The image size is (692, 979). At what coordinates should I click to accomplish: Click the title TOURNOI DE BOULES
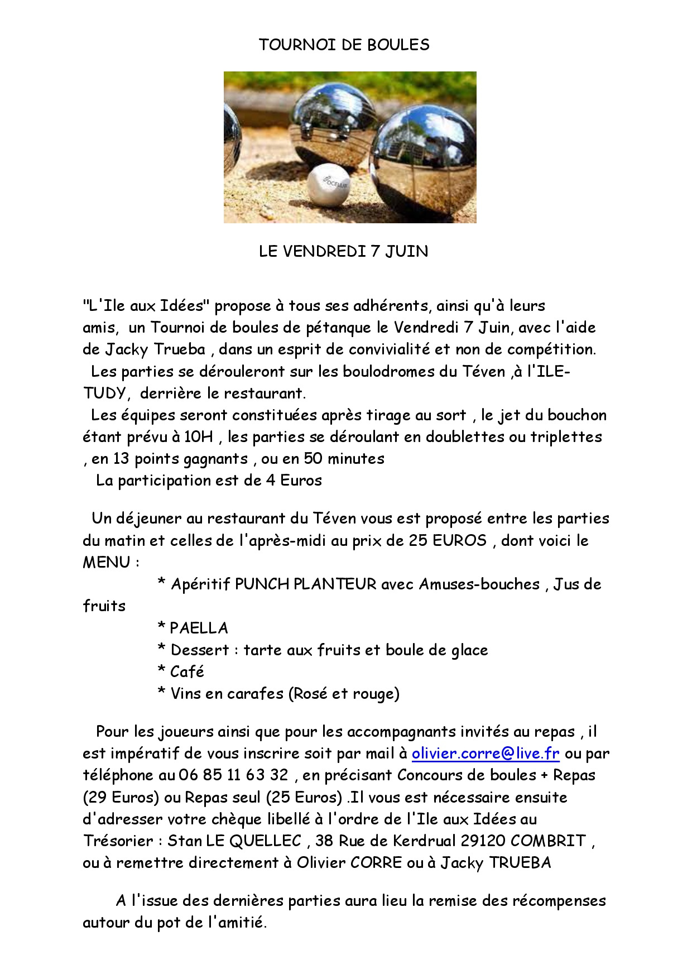pos(344,45)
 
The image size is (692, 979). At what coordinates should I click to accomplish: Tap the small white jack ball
pos(329,185)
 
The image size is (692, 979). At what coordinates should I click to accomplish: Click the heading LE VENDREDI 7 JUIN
pos(343,251)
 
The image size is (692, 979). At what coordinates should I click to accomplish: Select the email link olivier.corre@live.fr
pos(486,754)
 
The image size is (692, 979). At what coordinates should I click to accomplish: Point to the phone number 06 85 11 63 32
pos(234,775)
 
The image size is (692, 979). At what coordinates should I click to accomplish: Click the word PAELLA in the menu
pos(199,628)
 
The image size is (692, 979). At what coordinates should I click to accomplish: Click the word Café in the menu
pos(187,671)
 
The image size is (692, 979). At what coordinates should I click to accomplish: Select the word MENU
pos(107,562)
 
